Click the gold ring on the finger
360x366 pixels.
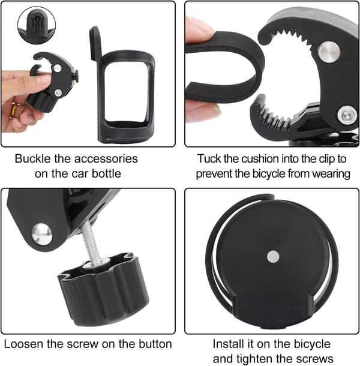click(x=14, y=110)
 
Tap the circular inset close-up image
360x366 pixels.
click(x=37, y=25)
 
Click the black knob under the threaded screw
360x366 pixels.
click(x=103, y=289)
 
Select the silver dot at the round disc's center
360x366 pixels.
click(x=273, y=256)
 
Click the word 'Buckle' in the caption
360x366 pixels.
click(x=32, y=159)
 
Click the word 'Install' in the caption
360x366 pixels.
click(x=228, y=344)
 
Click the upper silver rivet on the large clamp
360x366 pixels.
click(x=329, y=52)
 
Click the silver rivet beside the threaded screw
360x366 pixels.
click(x=42, y=234)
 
